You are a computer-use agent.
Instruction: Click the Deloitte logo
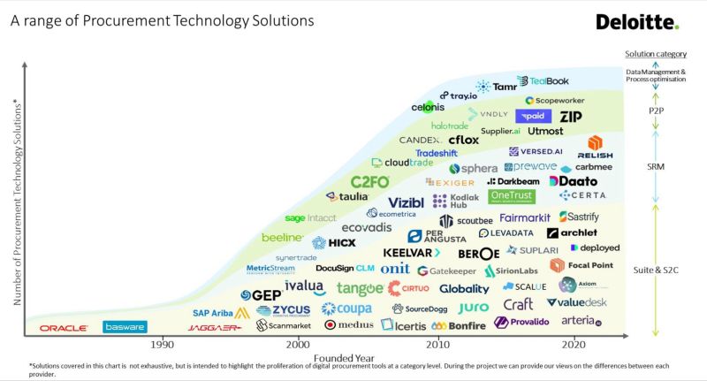click(x=637, y=22)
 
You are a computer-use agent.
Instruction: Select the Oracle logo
click(x=63, y=328)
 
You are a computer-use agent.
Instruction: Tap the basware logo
click(x=125, y=327)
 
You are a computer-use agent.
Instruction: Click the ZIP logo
click(x=571, y=116)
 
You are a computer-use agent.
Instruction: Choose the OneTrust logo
click(x=512, y=196)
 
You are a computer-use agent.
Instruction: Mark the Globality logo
click(x=463, y=289)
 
